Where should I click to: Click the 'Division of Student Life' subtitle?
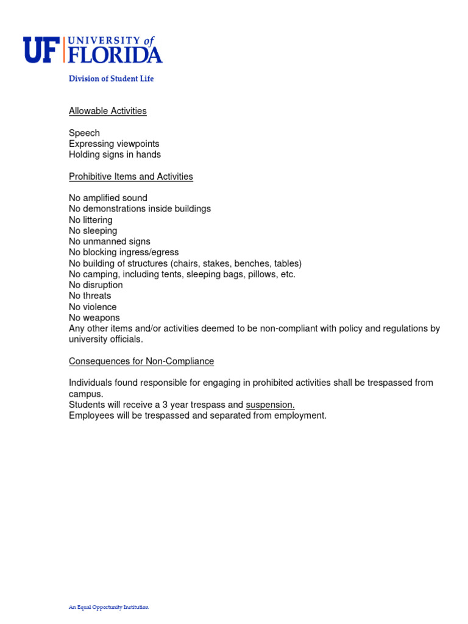(x=111, y=79)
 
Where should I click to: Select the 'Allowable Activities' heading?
(x=107, y=111)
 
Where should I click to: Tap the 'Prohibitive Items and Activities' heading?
(x=130, y=177)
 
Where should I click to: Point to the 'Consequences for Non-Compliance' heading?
(x=141, y=361)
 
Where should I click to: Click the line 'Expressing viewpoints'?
(x=114, y=144)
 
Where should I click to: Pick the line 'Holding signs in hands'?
(x=115, y=155)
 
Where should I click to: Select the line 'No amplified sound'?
(x=108, y=198)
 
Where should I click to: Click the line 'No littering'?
(x=91, y=220)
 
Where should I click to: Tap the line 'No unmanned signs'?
(x=109, y=242)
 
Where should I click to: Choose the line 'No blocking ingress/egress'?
(x=124, y=252)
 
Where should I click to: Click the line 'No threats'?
(x=90, y=296)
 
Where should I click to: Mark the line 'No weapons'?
(x=94, y=318)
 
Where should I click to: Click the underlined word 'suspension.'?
(x=270, y=405)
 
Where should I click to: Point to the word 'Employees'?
(x=90, y=416)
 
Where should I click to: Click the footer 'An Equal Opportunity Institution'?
(x=108, y=607)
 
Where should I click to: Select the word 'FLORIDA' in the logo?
(x=115, y=55)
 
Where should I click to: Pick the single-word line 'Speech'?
(x=84, y=133)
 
